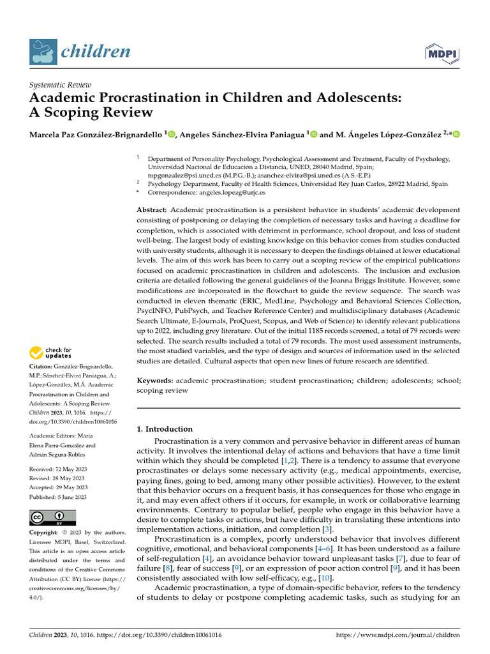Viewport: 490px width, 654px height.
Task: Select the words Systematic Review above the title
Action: (x=61, y=85)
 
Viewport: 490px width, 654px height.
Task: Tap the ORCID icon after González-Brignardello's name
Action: (x=172, y=134)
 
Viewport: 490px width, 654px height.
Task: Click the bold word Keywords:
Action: (x=155, y=381)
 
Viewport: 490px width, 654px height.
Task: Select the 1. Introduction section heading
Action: (x=165, y=429)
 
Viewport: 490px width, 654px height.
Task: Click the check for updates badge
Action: (x=51, y=352)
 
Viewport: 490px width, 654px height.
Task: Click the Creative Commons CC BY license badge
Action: (x=53, y=517)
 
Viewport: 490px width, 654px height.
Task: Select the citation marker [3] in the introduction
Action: (x=327, y=529)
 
